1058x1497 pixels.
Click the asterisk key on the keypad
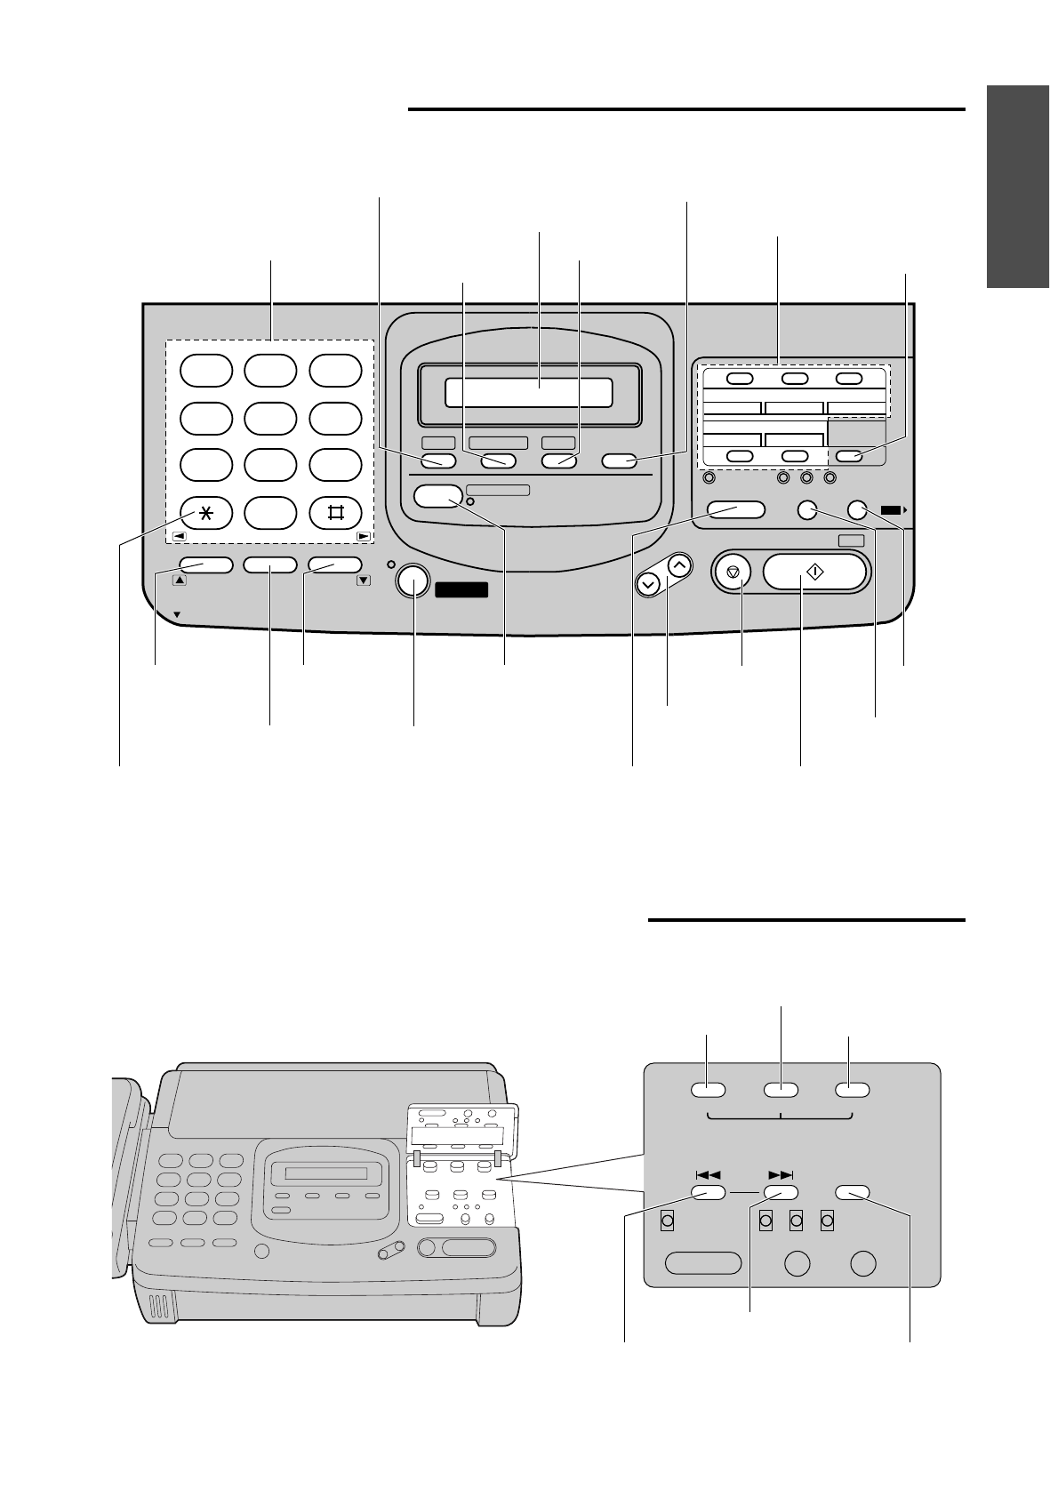[x=206, y=513]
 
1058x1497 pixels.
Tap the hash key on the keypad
[x=335, y=513]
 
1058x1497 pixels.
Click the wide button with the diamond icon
[x=814, y=573]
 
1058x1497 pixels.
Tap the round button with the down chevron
[x=649, y=584]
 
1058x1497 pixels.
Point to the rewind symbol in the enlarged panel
[x=709, y=1174]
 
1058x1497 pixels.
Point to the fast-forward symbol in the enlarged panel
[x=780, y=1174]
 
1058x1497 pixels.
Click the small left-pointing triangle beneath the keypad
[x=179, y=537]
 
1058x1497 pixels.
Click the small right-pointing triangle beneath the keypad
[x=363, y=537]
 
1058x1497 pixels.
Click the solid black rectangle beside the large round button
[x=461, y=589]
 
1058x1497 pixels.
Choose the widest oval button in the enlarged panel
[x=703, y=1263]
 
